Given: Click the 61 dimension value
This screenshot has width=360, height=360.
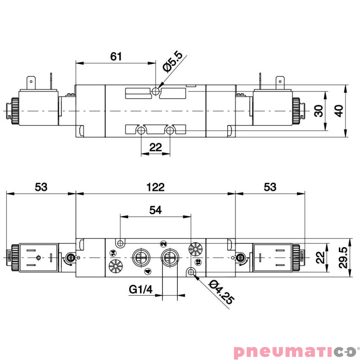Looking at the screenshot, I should pyautogui.click(x=116, y=56).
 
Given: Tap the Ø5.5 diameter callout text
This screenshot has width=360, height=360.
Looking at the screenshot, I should pyautogui.click(x=173, y=62).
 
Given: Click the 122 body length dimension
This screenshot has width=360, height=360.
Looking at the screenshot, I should pyautogui.click(x=156, y=187).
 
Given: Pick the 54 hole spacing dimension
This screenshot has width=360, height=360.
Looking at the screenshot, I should pyautogui.click(x=156, y=209).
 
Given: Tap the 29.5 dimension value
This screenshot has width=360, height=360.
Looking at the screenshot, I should pyautogui.click(x=344, y=257).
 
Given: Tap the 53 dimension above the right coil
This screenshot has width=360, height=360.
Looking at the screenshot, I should pyautogui.click(x=270, y=187).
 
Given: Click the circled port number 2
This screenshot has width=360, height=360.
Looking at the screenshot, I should pyautogui.click(x=162, y=243).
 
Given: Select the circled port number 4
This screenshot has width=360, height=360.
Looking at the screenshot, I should pyautogui.click(x=147, y=271).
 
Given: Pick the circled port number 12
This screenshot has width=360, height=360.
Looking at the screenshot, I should pyautogui.click(x=197, y=261).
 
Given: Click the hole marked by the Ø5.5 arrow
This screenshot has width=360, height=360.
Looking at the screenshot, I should pyautogui.click(x=156, y=91).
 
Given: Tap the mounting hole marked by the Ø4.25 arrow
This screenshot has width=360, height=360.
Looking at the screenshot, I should pyautogui.click(x=192, y=272).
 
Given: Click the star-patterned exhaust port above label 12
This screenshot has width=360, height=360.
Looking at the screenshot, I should pyautogui.click(x=195, y=248).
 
